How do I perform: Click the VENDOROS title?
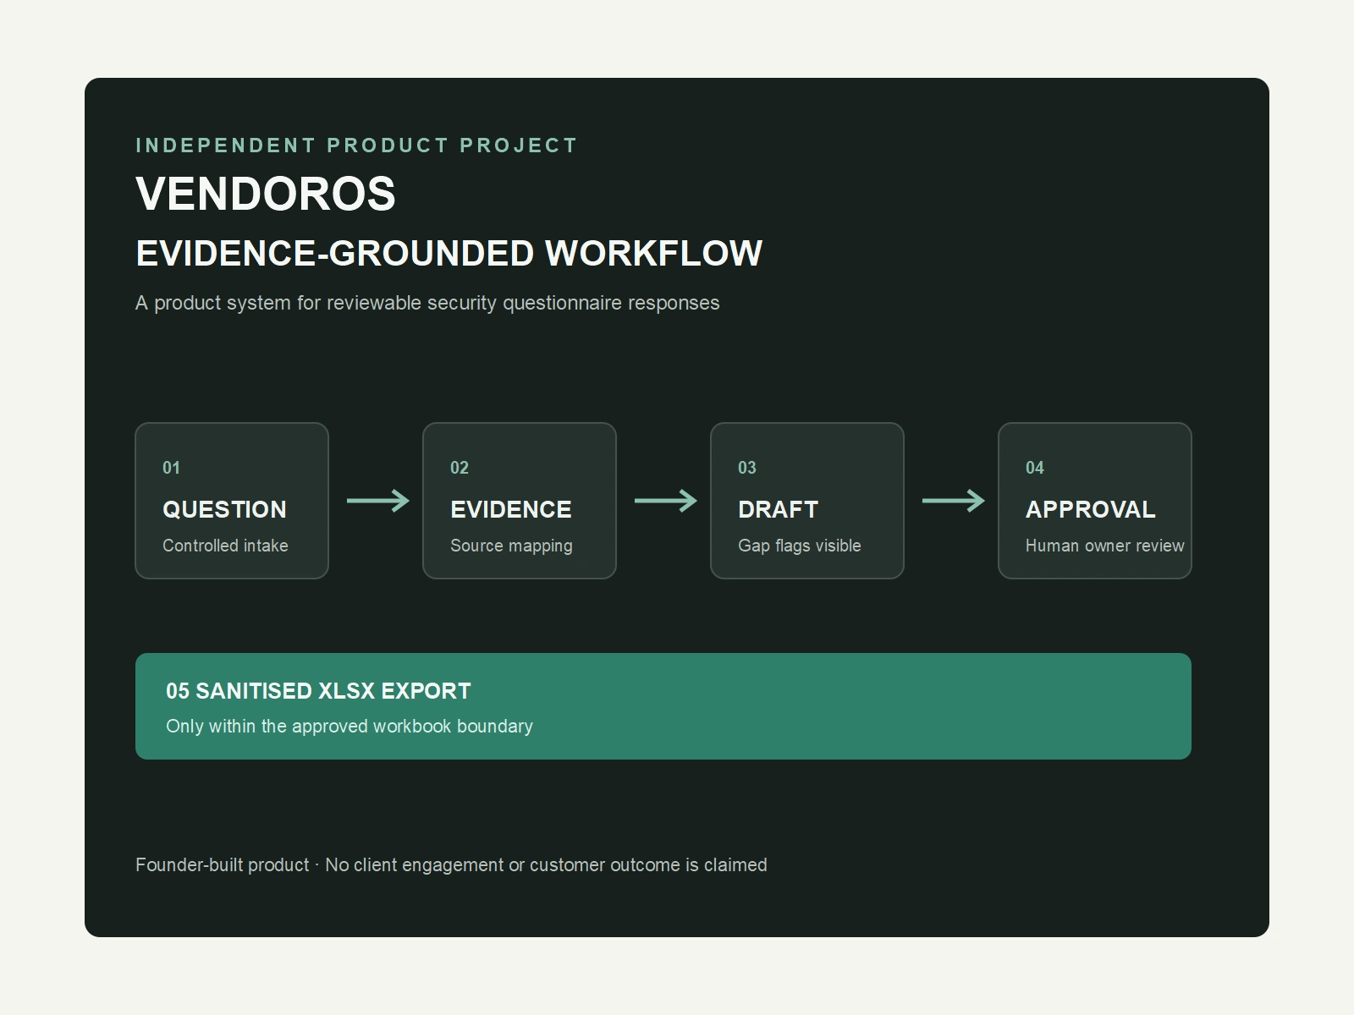(x=265, y=194)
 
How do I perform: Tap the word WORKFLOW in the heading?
(x=654, y=253)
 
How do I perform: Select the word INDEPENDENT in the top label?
(x=226, y=145)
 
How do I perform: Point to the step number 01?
(x=171, y=468)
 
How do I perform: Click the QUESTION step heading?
(x=224, y=510)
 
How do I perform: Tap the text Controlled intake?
(x=225, y=546)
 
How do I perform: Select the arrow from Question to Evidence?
(x=378, y=501)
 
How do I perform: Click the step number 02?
(x=459, y=468)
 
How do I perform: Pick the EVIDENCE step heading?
(x=511, y=510)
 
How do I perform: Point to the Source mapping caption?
(x=511, y=546)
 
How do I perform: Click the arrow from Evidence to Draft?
(x=666, y=501)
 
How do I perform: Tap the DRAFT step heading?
(x=778, y=510)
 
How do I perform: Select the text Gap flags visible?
(x=800, y=546)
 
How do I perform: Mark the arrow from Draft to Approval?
(x=954, y=501)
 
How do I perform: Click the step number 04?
(x=1034, y=468)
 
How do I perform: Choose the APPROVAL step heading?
(x=1090, y=510)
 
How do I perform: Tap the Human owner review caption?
(x=1105, y=546)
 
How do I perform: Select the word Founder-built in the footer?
(x=222, y=864)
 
